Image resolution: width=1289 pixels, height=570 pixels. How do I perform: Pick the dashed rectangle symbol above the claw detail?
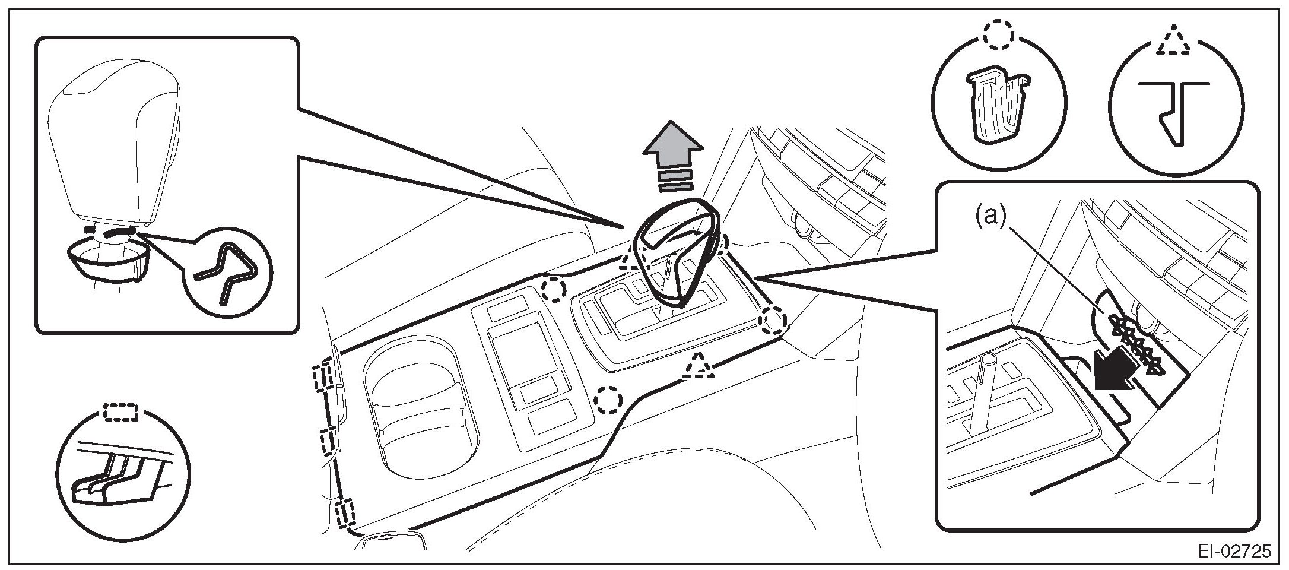coord(121,411)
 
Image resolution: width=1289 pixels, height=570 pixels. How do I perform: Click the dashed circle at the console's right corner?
coord(773,321)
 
